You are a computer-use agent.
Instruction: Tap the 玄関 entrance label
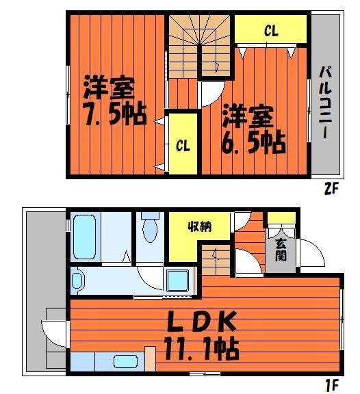[280, 250]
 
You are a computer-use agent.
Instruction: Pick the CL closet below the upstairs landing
[183, 146]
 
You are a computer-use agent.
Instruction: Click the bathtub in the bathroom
[85, 236]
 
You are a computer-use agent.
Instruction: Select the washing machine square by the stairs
[178, 280]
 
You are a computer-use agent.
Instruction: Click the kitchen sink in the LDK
[125, 363]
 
